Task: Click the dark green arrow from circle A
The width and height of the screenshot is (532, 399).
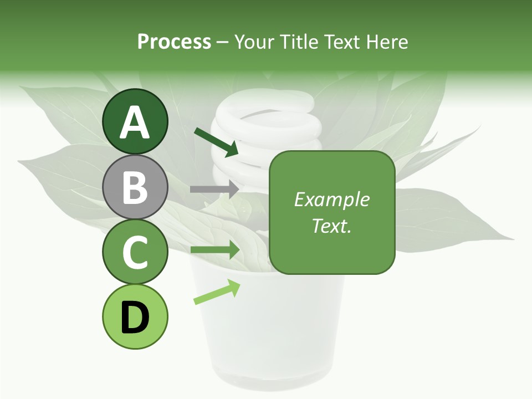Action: click(x=216, y=142)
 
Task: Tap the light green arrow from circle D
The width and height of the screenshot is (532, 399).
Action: click(x=217, y=292)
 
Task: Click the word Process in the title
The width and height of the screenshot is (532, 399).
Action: click(x=174, y=42)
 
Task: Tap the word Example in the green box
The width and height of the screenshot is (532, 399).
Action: click(x=332, y=199)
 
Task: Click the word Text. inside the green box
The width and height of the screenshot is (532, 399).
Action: click(x=332, y=226)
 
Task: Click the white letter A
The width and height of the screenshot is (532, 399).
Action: click(x=135, y=123)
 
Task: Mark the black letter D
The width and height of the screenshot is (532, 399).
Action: click(x=135, y=318)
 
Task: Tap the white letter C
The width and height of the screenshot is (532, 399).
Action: click(x=135, y=252)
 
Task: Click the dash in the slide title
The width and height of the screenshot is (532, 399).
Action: click(x=223, y=42)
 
